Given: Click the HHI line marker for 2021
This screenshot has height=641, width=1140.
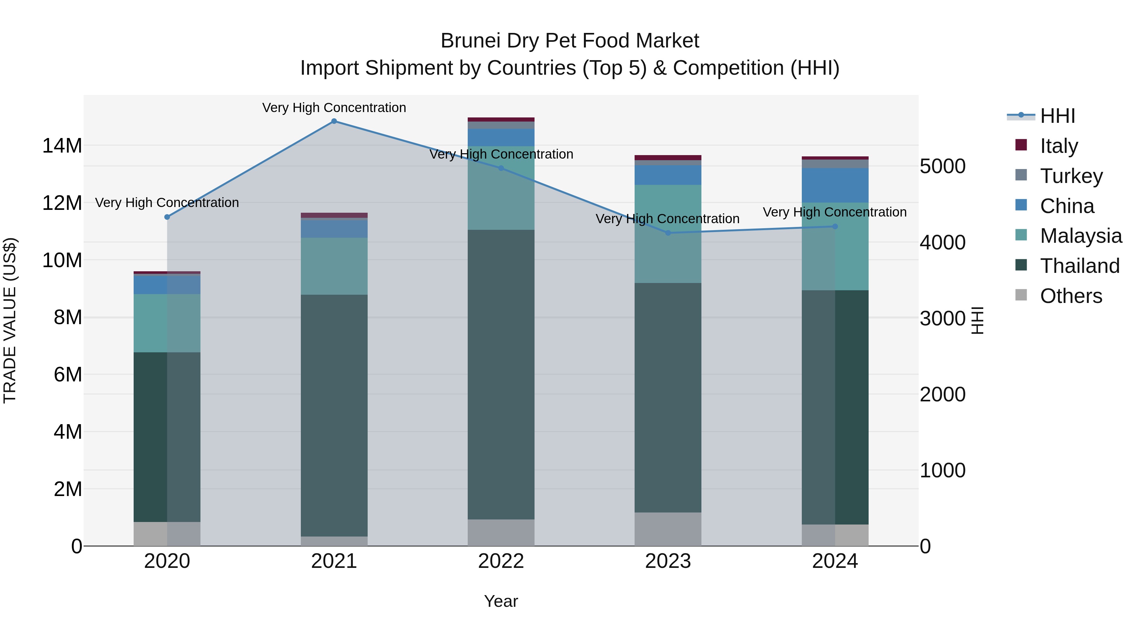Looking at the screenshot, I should point(334,121).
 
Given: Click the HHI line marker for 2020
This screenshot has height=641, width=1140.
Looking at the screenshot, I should point(167,217).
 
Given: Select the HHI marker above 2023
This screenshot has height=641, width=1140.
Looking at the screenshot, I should point(668,233).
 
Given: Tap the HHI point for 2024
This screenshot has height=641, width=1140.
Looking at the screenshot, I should point(835,227).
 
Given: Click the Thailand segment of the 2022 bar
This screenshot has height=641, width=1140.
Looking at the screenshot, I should point(501,374).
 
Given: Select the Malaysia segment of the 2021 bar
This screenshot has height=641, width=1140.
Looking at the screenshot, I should point(334,266).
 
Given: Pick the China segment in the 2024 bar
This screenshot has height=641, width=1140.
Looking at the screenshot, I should point(835,185).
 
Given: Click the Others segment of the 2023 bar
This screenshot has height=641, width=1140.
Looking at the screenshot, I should point(668,529).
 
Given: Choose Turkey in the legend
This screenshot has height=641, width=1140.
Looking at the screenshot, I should point(1071,176).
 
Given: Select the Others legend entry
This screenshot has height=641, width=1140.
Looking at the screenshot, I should point(1071,296).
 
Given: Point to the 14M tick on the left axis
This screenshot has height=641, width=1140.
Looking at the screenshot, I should point(62,146).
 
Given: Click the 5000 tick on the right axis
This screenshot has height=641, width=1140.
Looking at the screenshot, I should point(943,167).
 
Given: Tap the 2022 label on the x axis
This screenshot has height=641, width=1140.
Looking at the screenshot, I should point(501,561).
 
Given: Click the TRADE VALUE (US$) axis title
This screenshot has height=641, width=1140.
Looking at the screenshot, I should point(10,320).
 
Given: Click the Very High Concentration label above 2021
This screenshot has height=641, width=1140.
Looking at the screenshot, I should point(334,108).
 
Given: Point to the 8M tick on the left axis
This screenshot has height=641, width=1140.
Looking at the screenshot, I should point(68,317).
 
